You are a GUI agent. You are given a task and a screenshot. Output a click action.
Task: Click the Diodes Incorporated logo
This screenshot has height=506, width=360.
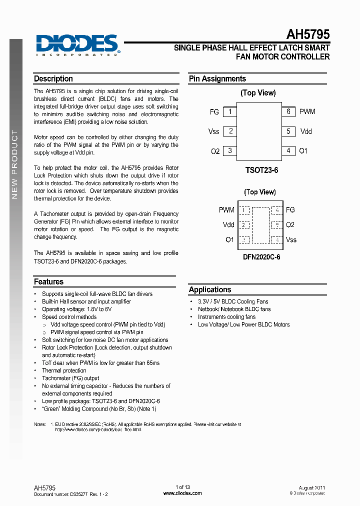click(x=77, y=44)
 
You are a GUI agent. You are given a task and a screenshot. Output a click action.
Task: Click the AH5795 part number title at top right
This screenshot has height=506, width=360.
click(x=307, y=34)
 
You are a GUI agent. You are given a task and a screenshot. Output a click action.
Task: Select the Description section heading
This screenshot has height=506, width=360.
click(x=53, y=79)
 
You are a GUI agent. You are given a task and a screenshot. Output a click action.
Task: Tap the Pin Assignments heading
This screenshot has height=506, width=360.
click(x=217, y=79)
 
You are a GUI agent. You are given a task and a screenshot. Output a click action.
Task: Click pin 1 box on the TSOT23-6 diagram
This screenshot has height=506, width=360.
click(x=229, y=112)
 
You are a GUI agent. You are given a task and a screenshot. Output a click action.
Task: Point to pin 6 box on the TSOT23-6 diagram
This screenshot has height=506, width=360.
click(x=288, y=112)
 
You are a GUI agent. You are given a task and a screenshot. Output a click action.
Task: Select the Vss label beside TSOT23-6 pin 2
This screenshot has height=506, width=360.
click(x=214, y=131)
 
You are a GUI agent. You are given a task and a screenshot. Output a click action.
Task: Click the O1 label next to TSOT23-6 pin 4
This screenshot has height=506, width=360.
click(x=303, y=150)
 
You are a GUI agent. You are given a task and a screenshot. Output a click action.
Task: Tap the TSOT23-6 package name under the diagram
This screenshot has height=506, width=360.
click(x=261, y=170)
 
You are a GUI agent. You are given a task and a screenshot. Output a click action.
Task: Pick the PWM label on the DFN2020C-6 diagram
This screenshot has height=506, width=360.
click(x=226, y=210)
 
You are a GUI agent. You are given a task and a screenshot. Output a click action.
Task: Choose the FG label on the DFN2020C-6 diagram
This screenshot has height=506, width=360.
click(x=290, y=210)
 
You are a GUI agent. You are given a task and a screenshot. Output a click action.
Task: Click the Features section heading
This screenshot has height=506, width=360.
click(x=48, y=282)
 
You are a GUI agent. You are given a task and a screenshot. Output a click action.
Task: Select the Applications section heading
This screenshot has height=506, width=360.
click(x=210, y=289)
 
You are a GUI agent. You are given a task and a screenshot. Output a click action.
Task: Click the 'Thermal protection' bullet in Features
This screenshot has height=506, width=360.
click(x=64, y=370)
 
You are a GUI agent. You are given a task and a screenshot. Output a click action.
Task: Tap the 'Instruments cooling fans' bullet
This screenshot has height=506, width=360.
click(x=226, y=317)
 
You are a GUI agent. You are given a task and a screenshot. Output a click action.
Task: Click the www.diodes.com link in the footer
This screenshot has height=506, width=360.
click(x=183, y=493)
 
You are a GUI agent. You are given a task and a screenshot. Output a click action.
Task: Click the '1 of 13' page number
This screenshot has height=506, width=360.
click(x=183, y=487)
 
